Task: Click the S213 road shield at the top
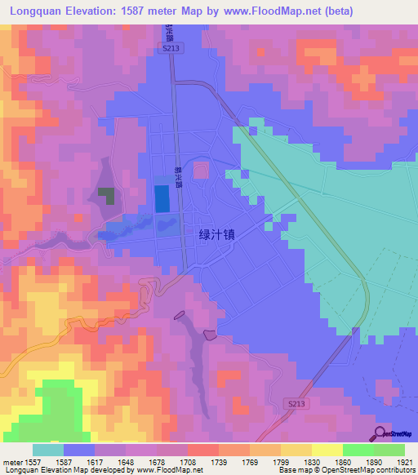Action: tap(169, 49)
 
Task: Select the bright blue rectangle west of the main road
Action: tap(163, 199)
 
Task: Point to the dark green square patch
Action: tap(106, 195)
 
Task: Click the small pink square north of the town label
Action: tap(200, 169)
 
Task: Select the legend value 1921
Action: tap(404, 462)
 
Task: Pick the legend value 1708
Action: tap(187, 462)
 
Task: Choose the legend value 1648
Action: tap(126, 462)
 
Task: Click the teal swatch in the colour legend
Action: tap(47, 450)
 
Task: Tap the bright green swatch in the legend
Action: tap(358, 450)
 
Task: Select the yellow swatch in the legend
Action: tap(327, 450)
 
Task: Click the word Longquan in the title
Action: tap(38, 11)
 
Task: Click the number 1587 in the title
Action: tap(141, 11)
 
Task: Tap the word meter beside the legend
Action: tap(11, 462)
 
